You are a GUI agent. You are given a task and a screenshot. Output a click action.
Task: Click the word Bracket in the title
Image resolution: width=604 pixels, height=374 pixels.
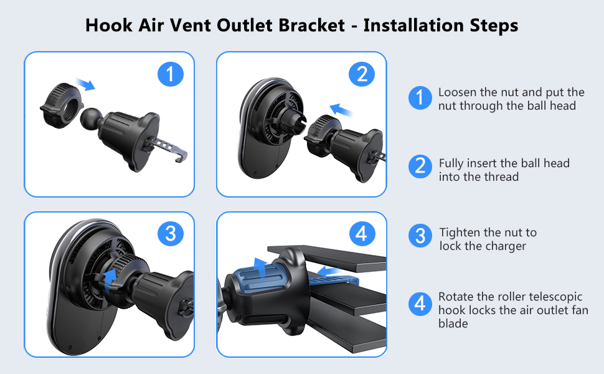point(311,26)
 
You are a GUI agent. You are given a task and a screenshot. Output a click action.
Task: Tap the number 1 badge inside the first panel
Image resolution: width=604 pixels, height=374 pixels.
point(170,74)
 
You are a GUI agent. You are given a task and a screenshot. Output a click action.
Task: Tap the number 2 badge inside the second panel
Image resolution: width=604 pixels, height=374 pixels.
point(362,74)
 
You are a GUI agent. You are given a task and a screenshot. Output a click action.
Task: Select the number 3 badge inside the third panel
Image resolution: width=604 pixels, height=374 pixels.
point(170,233)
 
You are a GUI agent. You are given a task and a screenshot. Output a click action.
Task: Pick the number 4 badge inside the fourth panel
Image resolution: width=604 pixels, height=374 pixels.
point(362,233)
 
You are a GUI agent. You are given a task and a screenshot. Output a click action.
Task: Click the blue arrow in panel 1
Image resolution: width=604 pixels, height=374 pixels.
point(85,84)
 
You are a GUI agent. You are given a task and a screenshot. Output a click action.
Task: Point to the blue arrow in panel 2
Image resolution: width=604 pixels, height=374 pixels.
point(342,110)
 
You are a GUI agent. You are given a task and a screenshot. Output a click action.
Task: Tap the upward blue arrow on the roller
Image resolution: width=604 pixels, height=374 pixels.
point(261,269)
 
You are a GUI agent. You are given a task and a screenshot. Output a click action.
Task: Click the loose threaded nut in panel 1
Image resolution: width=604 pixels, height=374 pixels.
point(62,105)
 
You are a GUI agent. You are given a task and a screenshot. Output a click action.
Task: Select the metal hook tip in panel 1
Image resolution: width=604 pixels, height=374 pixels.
point(181,155)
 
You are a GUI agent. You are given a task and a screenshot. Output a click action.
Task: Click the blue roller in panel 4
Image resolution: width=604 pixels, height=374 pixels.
point(258,276)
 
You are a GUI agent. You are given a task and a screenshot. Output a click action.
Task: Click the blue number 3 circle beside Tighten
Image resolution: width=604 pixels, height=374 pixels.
point(420,236)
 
